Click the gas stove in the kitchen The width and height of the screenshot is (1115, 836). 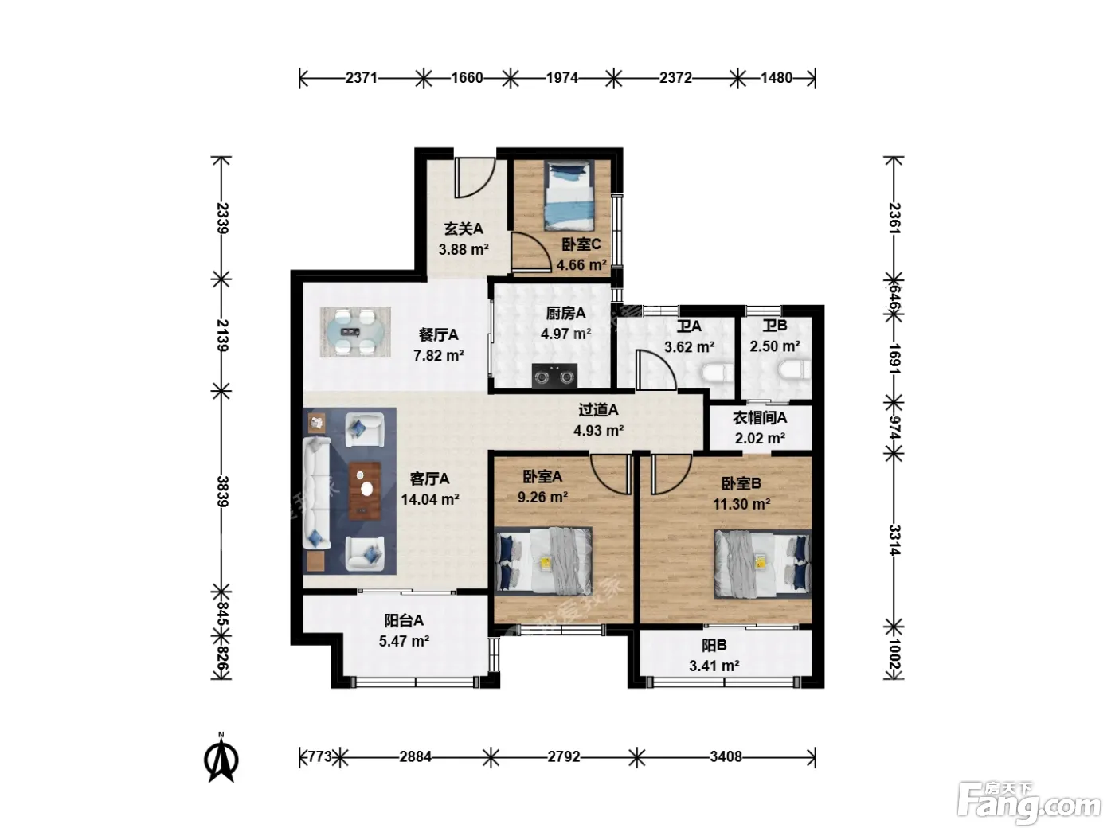click(x=554, y=376)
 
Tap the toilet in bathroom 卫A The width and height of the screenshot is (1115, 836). click(x=717, y=373)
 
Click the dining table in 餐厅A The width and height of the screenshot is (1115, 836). click(x=355, y=332)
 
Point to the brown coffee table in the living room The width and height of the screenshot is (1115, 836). click(x=365, y=490)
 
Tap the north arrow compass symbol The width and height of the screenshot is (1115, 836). click(x=221, y=758)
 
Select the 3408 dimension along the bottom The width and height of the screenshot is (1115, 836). click(x=726, y=757)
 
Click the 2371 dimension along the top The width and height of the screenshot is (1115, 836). click(x=361, y=78)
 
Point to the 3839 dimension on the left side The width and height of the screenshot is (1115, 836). click(x=222, y=491)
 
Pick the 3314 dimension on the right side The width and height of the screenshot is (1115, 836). click(x=894, y=540)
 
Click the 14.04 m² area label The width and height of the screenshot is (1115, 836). click(x=430, y=499)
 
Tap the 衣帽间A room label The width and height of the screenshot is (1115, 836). click(x=760, y=418)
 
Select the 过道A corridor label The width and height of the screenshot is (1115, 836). click(x=598, y=409)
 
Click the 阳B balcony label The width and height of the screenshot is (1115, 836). click(x=714, y=646)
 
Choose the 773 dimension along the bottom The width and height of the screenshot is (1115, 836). click(x=320, y=757)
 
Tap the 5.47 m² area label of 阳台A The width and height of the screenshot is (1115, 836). click(x=405, y=641)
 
